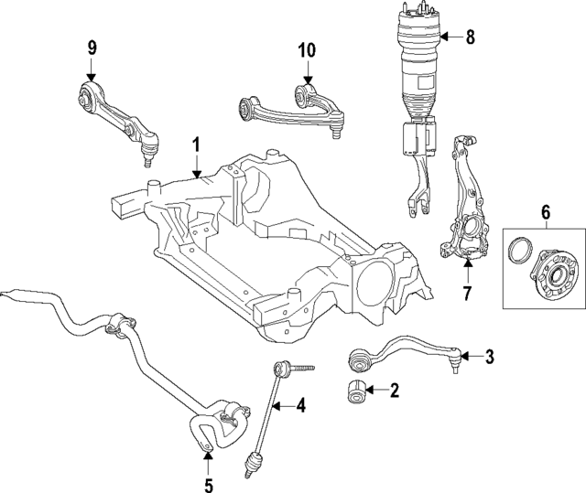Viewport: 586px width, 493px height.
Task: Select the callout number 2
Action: click(395, 392)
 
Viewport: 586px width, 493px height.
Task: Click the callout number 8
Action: click(471, 38)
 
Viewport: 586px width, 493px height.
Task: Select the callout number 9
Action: click(92, 48)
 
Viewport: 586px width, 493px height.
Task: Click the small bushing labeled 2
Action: click(354, 391)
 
